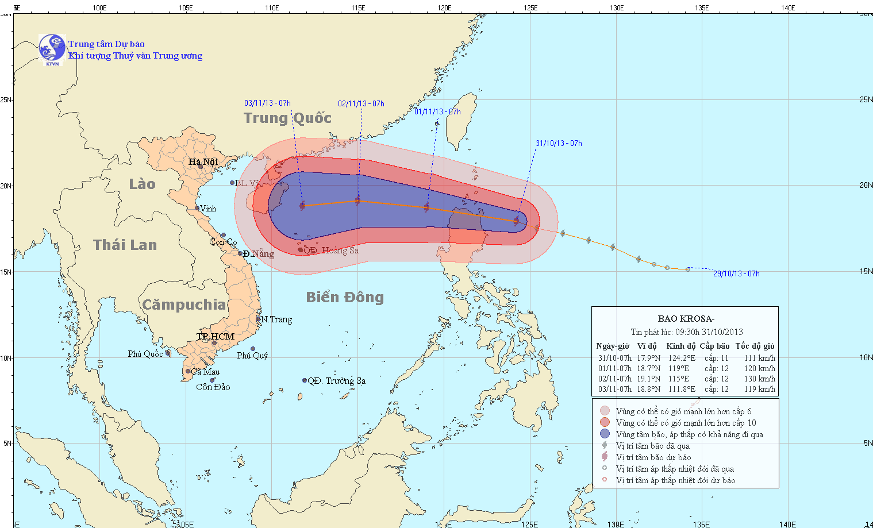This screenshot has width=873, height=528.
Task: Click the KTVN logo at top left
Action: click(52, 48)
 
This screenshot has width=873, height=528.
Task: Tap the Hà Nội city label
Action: click(203, 161)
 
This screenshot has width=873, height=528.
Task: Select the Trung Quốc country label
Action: click(287, 118)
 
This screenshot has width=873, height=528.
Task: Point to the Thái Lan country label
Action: click(125, 245)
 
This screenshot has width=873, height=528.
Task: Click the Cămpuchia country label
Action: click(184, 305)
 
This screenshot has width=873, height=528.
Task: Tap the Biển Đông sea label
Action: click(345, 297)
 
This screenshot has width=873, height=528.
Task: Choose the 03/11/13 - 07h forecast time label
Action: click(267, 103)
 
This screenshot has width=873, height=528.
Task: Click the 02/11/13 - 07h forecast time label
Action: click(361, 103)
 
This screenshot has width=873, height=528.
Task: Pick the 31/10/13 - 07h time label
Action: click(559, 143)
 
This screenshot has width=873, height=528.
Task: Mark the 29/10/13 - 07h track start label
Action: click(736, 273)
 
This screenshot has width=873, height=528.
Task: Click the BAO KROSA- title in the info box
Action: click(686, 319)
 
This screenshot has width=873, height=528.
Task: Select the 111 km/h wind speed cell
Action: click(760, 358)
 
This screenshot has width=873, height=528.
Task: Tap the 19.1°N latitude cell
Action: click(648, 379)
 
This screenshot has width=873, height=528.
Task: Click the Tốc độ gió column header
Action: click(755, 346)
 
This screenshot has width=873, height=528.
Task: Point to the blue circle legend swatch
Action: click(605, 434)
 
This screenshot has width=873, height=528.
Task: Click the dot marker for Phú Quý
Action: click(252, 349)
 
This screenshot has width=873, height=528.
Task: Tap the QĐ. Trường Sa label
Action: click(337, 381)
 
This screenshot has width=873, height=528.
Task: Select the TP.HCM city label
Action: click(216, 336)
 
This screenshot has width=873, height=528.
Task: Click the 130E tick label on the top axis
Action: click(616, 8)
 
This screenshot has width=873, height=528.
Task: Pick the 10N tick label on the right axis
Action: click(866, 357)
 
